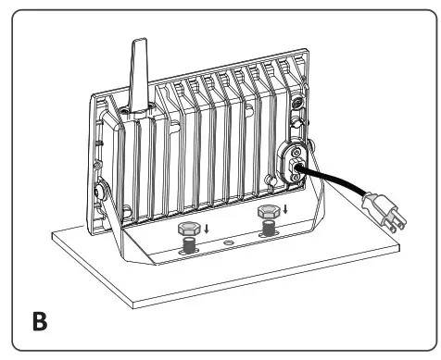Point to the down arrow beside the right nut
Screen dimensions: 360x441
[285, 208]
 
